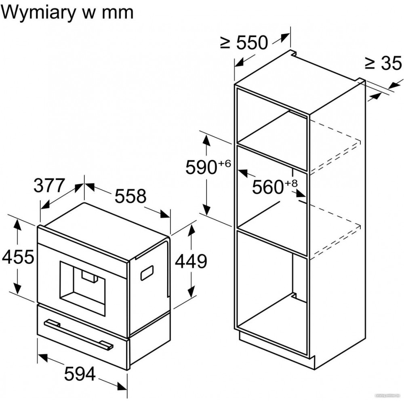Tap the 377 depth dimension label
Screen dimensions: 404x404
pos(49,186)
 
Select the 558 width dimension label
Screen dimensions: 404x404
pos(130,196)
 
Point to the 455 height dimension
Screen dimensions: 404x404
pos(18,257)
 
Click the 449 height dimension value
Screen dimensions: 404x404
pos(191,261)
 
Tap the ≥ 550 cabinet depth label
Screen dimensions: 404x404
pos(244,42)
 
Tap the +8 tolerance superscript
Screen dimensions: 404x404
pos(291,183)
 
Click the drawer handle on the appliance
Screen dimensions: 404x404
pos(79,334)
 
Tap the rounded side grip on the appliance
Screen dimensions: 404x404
pos(147,273)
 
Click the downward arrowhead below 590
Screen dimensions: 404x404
pos(206,210)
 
